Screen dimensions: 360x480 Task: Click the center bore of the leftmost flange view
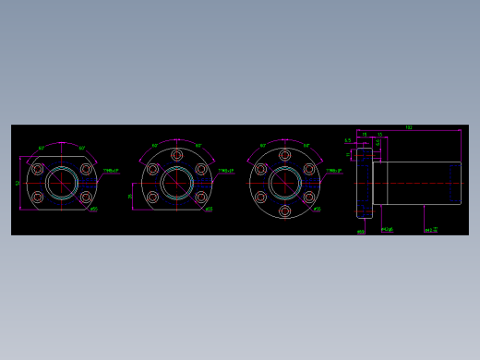pyautogui.click(x=62, y=183)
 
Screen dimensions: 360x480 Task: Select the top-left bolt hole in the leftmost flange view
pyautogui.click(x=38, y=169)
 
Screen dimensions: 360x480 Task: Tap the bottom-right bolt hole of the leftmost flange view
pyautogui.click(x=86, y=197)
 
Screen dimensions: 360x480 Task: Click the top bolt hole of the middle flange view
pyautogui.click(x=177, y=155)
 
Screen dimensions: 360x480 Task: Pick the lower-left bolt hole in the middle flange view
pyautogui.click(x=153, y=197)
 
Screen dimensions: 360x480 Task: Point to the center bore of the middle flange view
pyautogui.click(x=177, y=183)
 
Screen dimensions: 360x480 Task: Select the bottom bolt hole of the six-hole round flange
pyautogui.click(x=285, y=210)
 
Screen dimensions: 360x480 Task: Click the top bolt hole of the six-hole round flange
pyautogui.click(x=285, y=155)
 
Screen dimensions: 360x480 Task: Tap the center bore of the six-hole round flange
pyautogui.click(x=285, y=183)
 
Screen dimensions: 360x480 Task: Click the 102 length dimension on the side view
pyautogui.click(x=408, y=127)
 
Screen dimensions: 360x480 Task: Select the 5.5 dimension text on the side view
pyautogui.click(x=347, y=140)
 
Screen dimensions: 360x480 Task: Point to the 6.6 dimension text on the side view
pyautogui.click(x=378, y=142)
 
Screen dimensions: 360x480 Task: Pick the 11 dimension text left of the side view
pyautogui.click(x=348, y=155)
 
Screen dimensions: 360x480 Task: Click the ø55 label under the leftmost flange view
pyautogui.click(x=94, y=210)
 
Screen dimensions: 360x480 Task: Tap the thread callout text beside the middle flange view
pyautogui.click(x=226, y=171)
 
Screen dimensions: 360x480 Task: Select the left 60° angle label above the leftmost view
pyautogui.click(x=42, y=148)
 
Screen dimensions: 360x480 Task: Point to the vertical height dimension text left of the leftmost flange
pyautogui.click(x=18, y=183)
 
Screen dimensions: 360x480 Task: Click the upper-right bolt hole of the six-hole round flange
pyautogui.click(x=309, y=169)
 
